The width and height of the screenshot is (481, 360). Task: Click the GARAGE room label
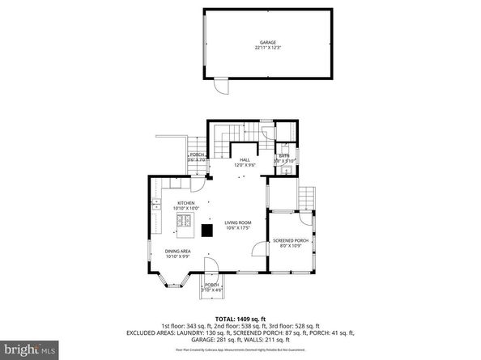267,42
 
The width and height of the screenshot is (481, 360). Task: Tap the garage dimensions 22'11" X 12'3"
267,48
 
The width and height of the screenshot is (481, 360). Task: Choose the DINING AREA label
177,252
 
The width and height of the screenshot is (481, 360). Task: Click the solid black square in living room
207,229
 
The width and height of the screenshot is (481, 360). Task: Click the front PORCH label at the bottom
211,285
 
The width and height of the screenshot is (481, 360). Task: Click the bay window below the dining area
175,280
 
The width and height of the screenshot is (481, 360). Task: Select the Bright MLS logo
29,350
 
